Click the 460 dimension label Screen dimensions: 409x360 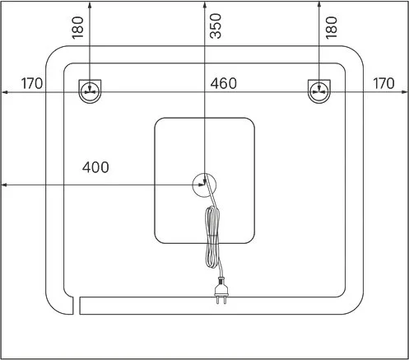tap(223, 83)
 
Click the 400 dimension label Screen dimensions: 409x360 tap(95, 167)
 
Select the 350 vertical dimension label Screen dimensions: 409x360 tap(216, 26)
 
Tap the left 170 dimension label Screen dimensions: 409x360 tap(32, 83)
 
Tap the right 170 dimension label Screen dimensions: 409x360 tap(383, 83)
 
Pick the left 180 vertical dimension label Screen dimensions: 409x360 tap(77, 28)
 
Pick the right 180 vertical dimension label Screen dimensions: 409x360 tap(332, 28)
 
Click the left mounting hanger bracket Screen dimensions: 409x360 tap(90, 91)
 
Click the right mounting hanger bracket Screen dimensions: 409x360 tap(319, 91)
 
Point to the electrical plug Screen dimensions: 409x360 tap(221, 291)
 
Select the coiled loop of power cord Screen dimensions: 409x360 tap(212, 236)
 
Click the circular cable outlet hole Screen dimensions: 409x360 tap(204, 185)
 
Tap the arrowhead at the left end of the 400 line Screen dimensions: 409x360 tap(4, 185)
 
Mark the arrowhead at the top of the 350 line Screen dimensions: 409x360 tap(204, 4)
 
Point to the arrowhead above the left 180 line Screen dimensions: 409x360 tap(90, 4)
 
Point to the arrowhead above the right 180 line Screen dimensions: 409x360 tap(318, 4)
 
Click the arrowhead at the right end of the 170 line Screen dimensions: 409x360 tap(405, 92)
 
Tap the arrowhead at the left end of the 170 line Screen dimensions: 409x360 tap(4, 92)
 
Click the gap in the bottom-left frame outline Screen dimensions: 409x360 tap(77, 306)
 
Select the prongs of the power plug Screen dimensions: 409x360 tap(221, 300)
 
